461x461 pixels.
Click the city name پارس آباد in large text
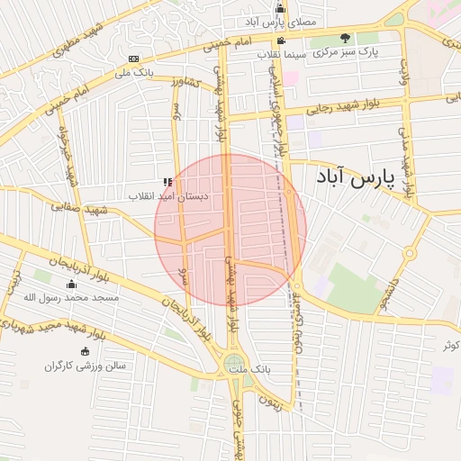click(x=356, y=178)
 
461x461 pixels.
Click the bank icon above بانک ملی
click(x=134, y=59)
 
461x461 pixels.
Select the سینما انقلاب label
click(x=283, y=54)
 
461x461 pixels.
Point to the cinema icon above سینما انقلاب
click(x=282, y=41)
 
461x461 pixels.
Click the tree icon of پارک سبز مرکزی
click(x=346, y=38)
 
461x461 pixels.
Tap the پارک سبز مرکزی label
click(x=346, y=53)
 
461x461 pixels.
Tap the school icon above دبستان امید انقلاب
click(x=167, y=182)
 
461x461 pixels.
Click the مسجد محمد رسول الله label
click(x=70, y=297)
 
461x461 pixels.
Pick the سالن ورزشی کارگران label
click(x=85, y=366)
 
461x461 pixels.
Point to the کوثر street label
click(x=450, y=345)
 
